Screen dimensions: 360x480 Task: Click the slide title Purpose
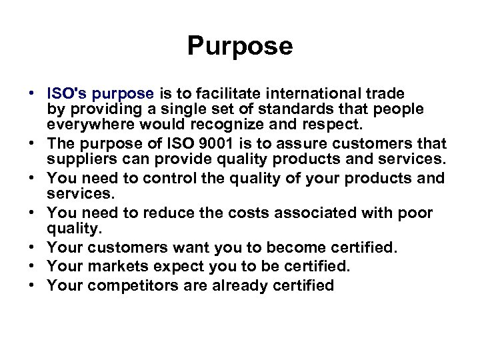tap(240, 46)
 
